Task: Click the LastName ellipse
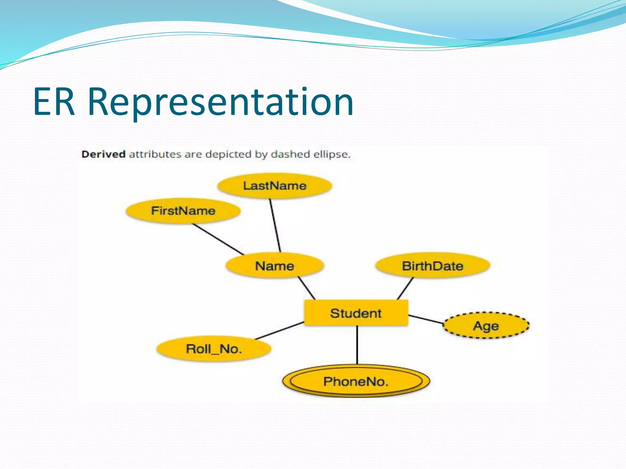(274, 186)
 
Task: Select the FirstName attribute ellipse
(183, 211)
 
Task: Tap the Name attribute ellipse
(274, 266)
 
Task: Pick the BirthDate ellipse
(433, 266)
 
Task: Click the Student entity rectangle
(356, 313)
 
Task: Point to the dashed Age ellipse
(486, 325)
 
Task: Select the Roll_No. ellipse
(214, 349)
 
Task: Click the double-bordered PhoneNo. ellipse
(356, 381)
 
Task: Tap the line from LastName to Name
(275, 225)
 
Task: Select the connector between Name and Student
(307, 288)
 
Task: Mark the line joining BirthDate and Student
(405, 288)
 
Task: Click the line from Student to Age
(425, 319)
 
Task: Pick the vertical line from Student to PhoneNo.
(357, 345)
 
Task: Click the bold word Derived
(103, 154)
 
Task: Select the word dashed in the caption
(289, 154)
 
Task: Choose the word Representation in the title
(220, 102)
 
